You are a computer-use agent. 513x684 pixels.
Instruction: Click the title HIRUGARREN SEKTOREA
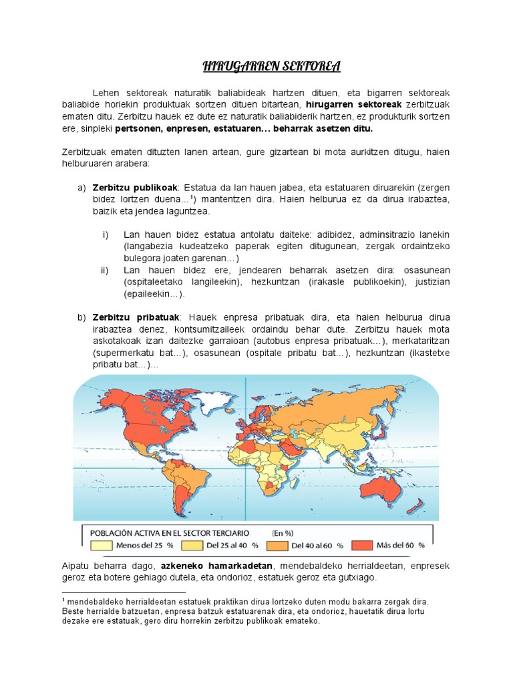pyautogui.click(x=272, y=66)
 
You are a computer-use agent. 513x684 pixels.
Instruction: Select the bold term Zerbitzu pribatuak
pyautogui.click(x=136, y=317)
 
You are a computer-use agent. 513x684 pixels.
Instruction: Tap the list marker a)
pyautogui.click(x=81, y=186)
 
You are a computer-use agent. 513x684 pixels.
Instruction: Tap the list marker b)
pyautogui.click(x=81, y=317)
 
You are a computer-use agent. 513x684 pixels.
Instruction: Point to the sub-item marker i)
pyautogui.click(x=105, y=235)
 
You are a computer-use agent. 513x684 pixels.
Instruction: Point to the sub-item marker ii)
pyautogui.click(x=105, y=270)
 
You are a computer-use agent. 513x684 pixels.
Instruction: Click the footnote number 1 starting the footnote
pyautogui.click(x=63, y=600)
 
